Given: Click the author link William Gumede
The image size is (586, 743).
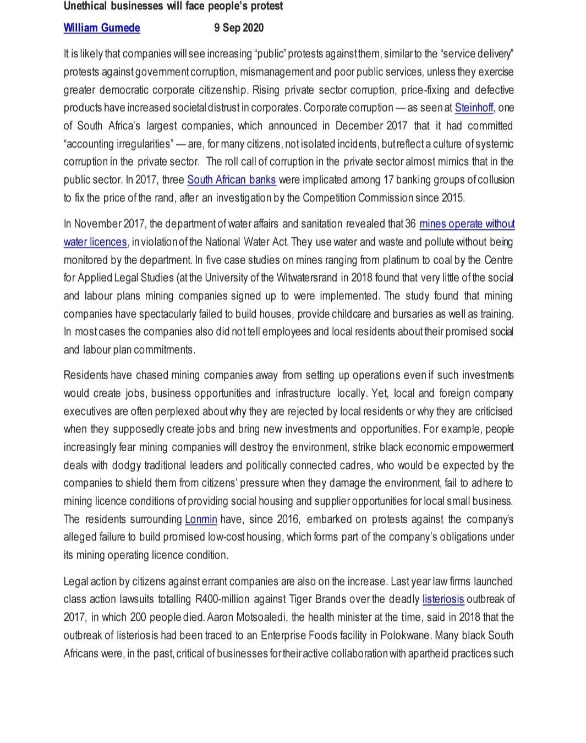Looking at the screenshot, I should [x=102, y=28].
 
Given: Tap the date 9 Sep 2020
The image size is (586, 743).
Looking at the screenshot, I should [x=239, y=28].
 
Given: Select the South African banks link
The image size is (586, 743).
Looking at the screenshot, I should [x=232, y=180].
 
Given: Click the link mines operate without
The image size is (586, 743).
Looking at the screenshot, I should [x=467, y=224].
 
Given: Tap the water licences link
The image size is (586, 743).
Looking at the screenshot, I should [x=95, y=242].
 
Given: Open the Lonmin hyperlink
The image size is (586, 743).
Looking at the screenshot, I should [x=201, y=520].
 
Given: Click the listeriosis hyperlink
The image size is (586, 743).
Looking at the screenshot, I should [x=443, y=599].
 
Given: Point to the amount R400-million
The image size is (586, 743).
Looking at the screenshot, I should [x=223, y=599].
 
